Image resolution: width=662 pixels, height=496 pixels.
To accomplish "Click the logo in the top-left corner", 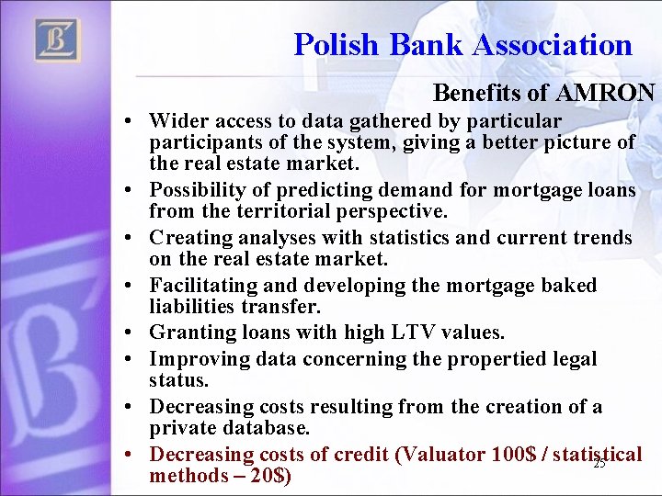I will pos(57,40).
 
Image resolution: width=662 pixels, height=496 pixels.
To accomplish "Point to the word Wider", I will pos(177,120).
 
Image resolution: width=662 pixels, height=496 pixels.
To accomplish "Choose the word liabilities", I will pos(194,308).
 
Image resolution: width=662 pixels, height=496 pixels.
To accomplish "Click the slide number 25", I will pos(599,464).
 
